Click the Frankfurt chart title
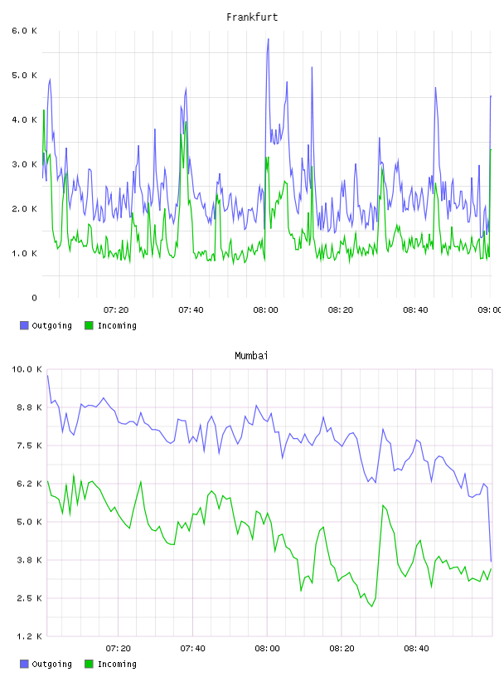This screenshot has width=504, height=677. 252,17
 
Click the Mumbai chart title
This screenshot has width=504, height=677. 251,356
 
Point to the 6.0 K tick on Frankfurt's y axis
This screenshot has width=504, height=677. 25,31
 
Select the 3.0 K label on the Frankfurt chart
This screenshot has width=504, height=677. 25,164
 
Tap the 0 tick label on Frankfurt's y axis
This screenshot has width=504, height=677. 34,298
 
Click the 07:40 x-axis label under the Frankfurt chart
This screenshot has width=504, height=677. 191,310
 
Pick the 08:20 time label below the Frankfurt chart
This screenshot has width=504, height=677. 341,310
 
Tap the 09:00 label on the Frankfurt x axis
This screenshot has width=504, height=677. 490,310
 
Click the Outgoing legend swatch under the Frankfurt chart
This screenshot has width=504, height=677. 24,325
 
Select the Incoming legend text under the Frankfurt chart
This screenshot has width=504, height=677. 117,326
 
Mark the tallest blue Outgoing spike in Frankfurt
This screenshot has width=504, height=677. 268,39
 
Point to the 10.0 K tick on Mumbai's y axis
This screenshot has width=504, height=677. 27,369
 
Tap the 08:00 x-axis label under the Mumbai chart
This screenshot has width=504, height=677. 267,649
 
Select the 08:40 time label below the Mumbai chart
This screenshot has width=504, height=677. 416,649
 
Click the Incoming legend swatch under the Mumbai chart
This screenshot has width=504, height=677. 89,664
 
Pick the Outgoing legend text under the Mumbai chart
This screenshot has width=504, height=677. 51,665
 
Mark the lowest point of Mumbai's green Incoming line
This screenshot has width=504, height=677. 372,606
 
